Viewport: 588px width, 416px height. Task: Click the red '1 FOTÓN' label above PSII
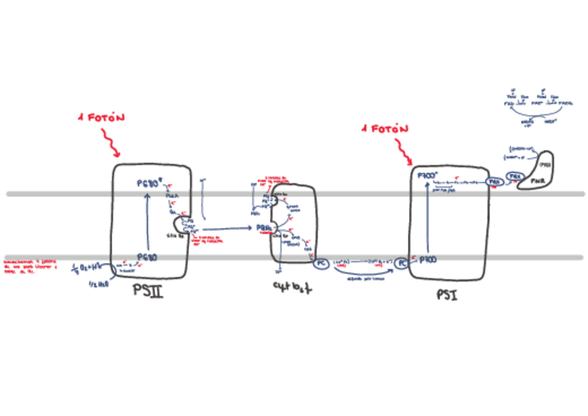pos(101,118)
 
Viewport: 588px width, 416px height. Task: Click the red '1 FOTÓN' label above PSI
pos(385,129)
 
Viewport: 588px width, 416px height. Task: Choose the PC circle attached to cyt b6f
pos(320,263)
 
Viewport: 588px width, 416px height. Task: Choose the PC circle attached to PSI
pos(402,263)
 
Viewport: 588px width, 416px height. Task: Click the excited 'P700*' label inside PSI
pos(426,177)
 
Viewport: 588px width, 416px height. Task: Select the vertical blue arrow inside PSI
pos(426,219)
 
